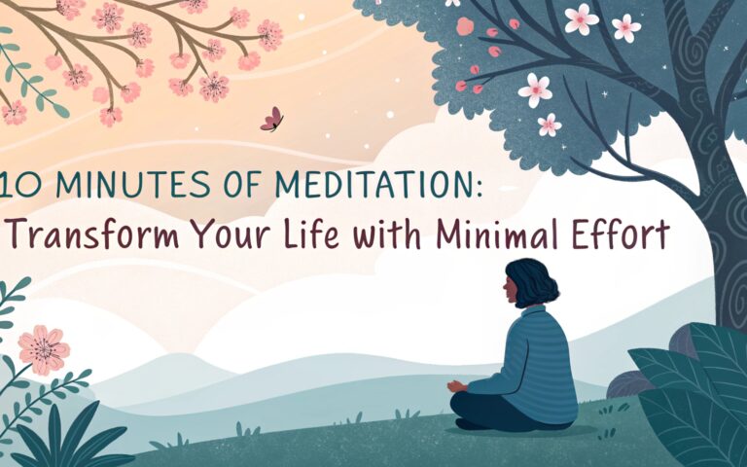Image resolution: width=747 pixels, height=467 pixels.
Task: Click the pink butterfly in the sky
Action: click(272, 119)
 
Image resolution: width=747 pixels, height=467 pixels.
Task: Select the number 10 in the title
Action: click(20, 185)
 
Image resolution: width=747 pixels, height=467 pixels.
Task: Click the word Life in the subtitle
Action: click(311, 233)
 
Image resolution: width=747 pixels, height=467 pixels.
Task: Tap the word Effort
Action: click(621, 233)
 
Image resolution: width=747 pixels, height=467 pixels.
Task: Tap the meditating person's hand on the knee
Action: click(456, 386)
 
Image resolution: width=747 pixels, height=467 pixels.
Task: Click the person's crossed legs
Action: click(505, 413)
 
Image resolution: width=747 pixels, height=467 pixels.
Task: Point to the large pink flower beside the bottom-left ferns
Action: click(44, 350)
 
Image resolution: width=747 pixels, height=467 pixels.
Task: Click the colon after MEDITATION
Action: click(479, 188)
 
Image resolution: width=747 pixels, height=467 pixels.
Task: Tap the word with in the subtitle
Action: click(388, 233)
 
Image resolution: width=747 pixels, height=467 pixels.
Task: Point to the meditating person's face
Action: click(509, 291)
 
